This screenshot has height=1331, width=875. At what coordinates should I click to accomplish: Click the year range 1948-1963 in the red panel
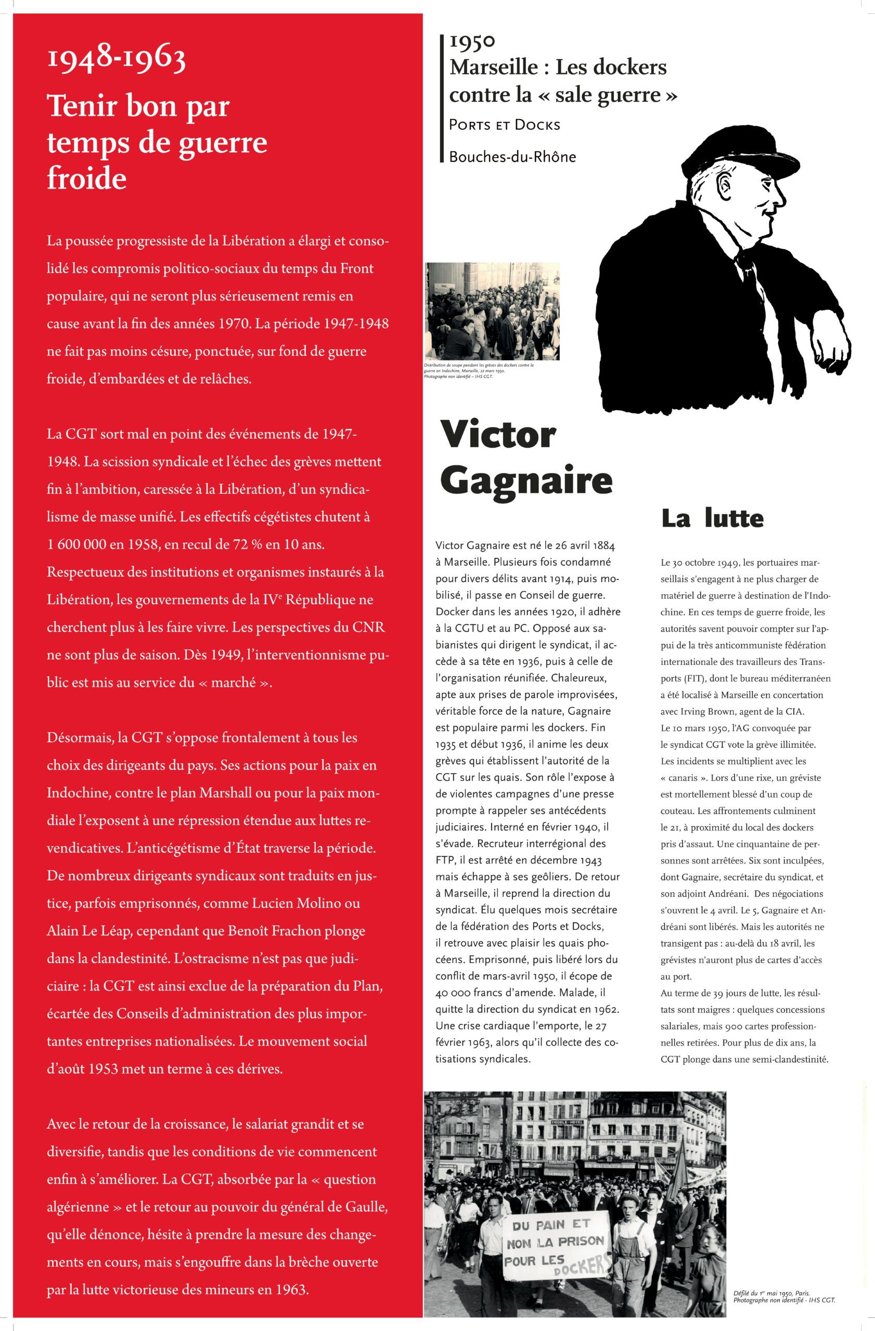click(x=117, y=60)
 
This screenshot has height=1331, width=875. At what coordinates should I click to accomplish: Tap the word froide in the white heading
click(x=87, y=178)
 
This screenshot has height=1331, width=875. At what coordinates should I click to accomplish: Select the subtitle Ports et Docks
click(x=504, y=125)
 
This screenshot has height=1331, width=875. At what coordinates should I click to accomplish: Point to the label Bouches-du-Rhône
click(x=512, y=156)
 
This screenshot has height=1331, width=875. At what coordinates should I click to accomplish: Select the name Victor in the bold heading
click(x=498, y=434)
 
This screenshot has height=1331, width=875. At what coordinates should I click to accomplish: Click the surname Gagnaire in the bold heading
click(x=526, y=480)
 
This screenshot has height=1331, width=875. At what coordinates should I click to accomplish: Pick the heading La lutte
click(x=712, y=518)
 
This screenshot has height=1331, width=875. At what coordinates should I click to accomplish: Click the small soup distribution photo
click(x=492, y=311)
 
